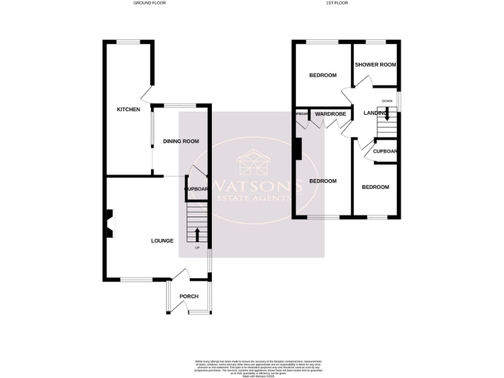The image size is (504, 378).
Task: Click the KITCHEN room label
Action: click(129, 110)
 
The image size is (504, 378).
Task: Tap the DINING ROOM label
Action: click(181, 142)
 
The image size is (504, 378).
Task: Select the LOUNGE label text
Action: click(162, 241)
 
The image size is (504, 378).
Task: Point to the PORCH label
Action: click(189, 297)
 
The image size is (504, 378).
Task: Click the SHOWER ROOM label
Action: click(375, 65)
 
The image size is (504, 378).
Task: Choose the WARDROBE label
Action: click(330, 114)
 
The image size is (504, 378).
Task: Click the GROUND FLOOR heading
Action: click(150, 3)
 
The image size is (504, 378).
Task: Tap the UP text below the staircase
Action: click(197, 248)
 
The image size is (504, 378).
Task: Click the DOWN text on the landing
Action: click(387, 101)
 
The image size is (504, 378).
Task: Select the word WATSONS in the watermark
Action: click(257, 184)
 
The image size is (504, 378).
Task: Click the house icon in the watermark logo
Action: click(253, 160)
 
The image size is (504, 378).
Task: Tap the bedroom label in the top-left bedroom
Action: click(323, 75)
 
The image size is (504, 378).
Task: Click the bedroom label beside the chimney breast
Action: click(323, 181)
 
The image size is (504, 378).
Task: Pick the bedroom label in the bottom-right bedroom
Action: click(375, 187)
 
